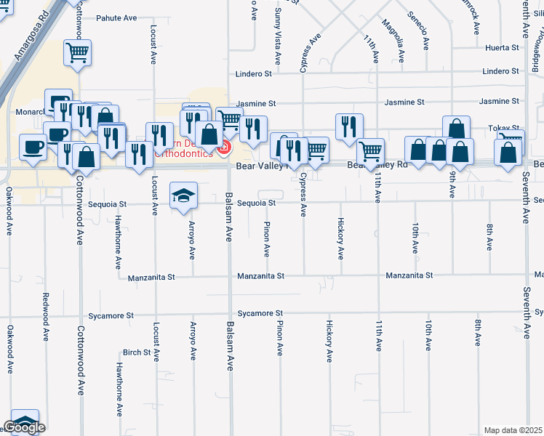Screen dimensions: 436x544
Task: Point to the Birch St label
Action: pyautogui.click(x=136, y=352)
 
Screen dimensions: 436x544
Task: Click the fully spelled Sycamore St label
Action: pyautogui.click(x=111, y=316)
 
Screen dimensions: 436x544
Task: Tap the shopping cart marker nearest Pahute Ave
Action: pyautogui.click(x=77, y=53)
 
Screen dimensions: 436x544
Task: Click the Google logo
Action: pyautogui.click(x=24, y=427)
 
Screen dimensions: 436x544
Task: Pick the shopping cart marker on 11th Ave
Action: pyautogui.click(x=371, y=152)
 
